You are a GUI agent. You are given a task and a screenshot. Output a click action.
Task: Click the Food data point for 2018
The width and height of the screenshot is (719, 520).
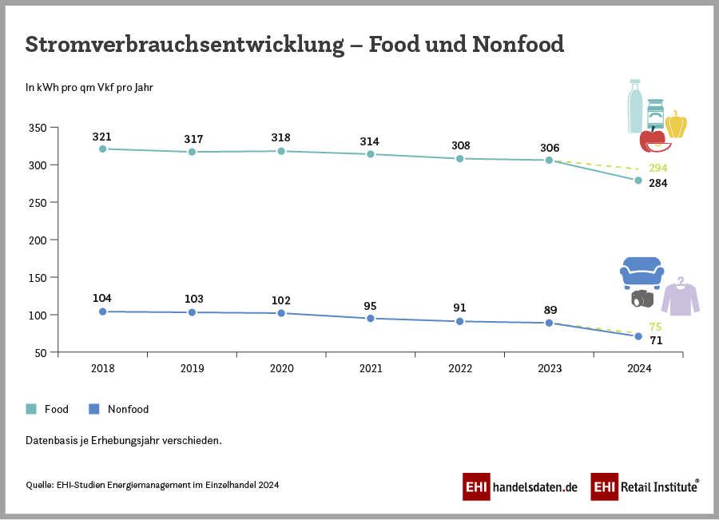click(102, 149)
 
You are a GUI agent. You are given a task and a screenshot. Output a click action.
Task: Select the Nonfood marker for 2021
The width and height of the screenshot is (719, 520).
click(371, 319)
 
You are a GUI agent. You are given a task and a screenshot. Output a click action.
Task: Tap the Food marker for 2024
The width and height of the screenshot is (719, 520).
click(638, 181)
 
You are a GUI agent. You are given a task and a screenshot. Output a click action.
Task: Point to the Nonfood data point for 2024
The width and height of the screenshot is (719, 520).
click(638, 336)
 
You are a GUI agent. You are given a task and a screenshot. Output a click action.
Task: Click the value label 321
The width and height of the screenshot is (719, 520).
click(102, 137)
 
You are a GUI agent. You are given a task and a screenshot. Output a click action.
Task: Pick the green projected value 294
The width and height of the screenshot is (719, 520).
click(658, 168)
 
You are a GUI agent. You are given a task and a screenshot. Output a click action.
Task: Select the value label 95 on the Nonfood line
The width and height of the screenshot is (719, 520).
click(370, 306)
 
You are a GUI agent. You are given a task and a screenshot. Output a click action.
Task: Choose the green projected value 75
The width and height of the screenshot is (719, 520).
click(655, 327)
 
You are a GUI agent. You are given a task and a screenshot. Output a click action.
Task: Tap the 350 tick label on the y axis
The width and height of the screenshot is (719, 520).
click(38, 128)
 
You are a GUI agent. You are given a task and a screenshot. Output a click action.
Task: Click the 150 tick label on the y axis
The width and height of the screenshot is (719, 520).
click(38, 277)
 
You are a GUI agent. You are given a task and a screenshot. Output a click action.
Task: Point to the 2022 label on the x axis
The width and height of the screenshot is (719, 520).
click(460, 369)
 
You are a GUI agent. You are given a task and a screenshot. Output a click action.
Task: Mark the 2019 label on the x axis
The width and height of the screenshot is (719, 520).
click(192, 369)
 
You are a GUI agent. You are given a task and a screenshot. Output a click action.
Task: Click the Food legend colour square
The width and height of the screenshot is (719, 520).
click(31, 409)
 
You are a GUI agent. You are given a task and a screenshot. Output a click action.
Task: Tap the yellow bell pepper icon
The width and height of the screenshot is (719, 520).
click(676, 125)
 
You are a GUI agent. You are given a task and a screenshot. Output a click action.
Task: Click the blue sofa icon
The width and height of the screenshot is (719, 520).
click(642, 272)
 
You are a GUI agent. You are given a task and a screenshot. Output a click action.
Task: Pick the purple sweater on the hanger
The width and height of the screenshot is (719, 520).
click(680, 297)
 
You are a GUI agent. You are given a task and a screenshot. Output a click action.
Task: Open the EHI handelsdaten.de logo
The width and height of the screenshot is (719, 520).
click(519, 486)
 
